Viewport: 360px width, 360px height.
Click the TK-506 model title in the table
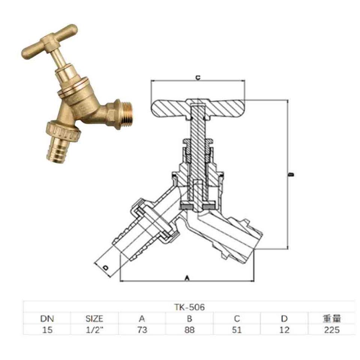[x=189, y=307]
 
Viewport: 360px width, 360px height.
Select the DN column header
[x=47, y=319]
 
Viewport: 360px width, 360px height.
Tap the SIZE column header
[x=94, y=319]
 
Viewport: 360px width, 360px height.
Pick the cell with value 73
[x=142, y=330]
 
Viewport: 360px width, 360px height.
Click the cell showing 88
[x=189, y=330]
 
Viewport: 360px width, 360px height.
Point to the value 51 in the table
[x=237, y=330]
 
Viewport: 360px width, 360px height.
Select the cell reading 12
[x=284, y=330]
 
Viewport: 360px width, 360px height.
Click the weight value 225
[x=332, y=330]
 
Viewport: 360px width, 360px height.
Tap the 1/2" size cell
[x=94, y=330]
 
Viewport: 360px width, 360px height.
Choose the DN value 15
[x=47, y=330]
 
